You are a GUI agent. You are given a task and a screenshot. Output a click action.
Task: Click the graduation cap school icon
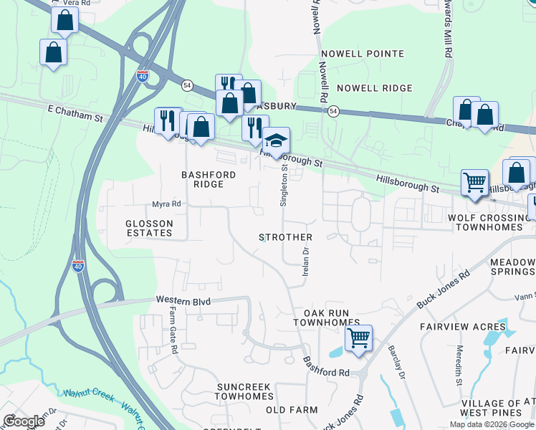tap(275, 140)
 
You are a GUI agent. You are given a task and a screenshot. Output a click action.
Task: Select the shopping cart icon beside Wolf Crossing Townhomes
tap(474, 182)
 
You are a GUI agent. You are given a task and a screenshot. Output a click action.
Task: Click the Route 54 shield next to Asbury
tap(333, 111)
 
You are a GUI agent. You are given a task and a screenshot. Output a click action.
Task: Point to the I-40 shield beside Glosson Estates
tap(77, 266)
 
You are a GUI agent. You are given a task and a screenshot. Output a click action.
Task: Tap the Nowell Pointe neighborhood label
tap(363, 54)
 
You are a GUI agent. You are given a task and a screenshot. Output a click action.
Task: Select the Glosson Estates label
tap(150, 228)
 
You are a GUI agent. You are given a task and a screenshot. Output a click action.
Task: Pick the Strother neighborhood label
tap(285, 237)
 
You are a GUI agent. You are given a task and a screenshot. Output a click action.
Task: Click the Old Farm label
tap(291, 410)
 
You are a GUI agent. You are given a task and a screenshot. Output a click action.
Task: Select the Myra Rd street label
tap(166, 204)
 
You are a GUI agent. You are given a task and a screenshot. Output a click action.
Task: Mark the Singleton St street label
tap(284, 186)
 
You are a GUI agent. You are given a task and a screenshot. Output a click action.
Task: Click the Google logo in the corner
tap(23, 421)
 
